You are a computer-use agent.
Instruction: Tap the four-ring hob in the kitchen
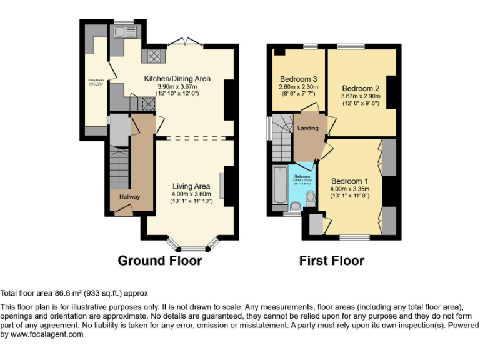point(152,56)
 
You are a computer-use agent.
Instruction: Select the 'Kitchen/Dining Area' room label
point(177,78)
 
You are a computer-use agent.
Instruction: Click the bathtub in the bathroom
point(279,184)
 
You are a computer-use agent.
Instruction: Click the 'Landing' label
point(307,128)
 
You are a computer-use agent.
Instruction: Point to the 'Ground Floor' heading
point(160,261)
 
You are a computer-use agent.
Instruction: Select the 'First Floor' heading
point(332,261)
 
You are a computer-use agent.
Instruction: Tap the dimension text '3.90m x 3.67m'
point(177,86)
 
